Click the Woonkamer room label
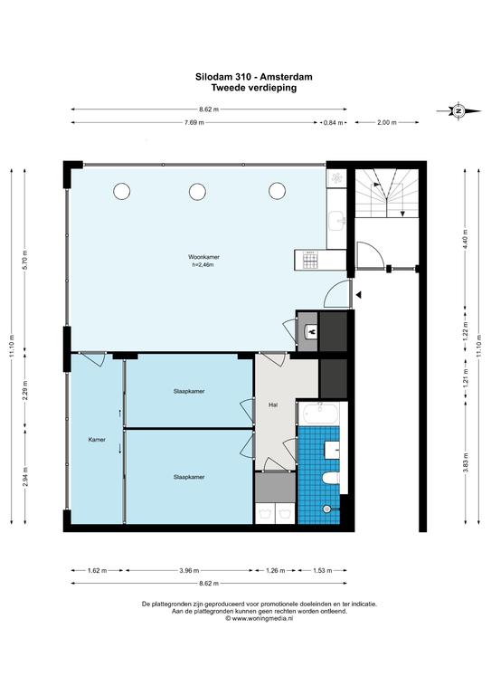[x=203, y=257]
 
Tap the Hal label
[x=273, y=405]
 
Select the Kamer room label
[x=97, y=440]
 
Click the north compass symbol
[x=459, y=110]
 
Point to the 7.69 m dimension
[x=194, y=123]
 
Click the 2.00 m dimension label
[x=386, y=123]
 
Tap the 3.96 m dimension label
[x=189, y=570]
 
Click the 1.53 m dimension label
[x=322, y=570]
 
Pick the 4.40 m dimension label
[x=466, y=239]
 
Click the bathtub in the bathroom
[x=319, y=414]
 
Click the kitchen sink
[x=338, y=220]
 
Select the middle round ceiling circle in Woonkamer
[x=197, y=192]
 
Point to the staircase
[x=387, y=194]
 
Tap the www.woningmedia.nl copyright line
[x=259, y=618]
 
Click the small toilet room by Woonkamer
[x=307, y=331]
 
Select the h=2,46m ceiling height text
[x=203, y=265]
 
